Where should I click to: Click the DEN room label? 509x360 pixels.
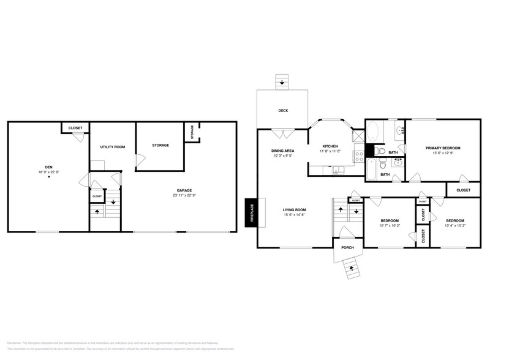(48, 167)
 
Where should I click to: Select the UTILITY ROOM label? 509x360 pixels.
(112, 147)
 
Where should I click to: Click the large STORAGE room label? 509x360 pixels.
(160, 145)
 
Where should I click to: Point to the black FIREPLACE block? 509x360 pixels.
(251, 213)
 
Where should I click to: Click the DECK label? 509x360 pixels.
(283, 111)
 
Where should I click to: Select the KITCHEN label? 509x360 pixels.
(331, 146)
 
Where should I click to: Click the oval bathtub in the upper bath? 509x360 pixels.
(372, 130)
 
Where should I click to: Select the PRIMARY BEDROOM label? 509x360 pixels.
(443, 148)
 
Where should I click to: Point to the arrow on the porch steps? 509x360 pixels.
(350, 266)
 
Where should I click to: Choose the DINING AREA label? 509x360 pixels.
(282, 151)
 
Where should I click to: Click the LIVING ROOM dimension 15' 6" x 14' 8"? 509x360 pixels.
(294, 215)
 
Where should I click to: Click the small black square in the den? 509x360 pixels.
(49, 177)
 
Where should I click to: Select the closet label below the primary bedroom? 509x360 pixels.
(464, 190)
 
